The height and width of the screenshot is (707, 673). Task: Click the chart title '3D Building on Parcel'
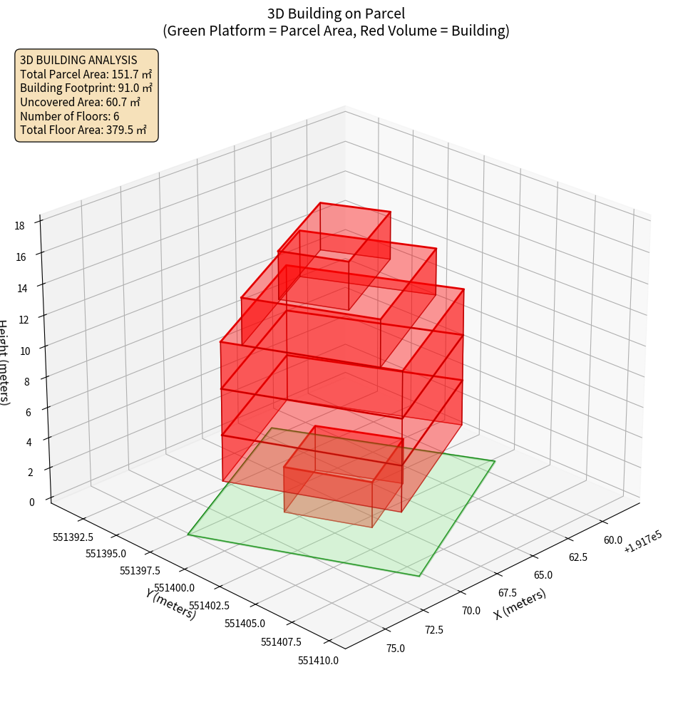336,13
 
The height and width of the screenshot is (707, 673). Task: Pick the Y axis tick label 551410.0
318,661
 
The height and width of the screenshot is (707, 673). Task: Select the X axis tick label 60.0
613,540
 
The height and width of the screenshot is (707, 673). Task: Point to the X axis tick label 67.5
507,593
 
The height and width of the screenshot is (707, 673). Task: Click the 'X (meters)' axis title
520,604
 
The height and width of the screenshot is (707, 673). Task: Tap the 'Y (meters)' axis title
171,603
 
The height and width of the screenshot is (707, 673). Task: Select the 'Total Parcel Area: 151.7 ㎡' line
86,73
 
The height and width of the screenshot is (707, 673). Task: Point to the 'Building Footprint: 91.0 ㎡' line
86,88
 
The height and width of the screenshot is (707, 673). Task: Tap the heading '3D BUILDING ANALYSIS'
78,60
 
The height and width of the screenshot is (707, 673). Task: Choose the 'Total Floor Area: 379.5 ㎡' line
83,130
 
